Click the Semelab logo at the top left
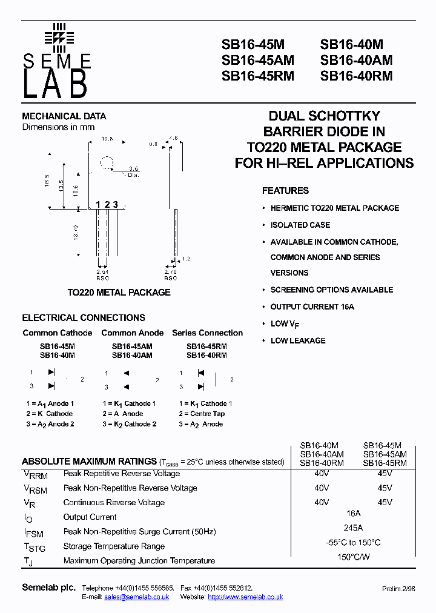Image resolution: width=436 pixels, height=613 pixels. pyautogui.click(x=57, y=61)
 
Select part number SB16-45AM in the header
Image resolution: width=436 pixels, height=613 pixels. pyautogui.click(x=258, y=60)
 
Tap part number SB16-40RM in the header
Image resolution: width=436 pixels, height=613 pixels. pyautogui.click(x=356, y=76)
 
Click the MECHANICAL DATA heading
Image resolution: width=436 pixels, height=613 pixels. pyautogui.click(x=64, y=116)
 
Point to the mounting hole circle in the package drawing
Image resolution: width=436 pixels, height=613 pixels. pyautogui.click(x=107, y=163)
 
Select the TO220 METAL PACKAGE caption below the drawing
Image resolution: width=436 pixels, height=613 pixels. pyautogui.click(x=119, y=292)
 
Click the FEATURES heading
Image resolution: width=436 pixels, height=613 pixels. pyautogui.click(x=285, y=191)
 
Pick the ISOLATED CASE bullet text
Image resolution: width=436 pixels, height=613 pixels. pyautogui.click(x=300, y=225)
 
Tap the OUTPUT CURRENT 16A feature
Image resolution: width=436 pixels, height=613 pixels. pyautogui.click(x=312, y=306)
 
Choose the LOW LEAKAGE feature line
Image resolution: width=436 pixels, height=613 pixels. pyautogui.click(x=298, y=340)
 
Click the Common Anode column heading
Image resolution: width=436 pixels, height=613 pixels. pyautogui.click(x=133, y=333)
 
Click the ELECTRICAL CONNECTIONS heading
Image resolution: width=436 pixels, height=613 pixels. pyautogui.click(x=84, y=317)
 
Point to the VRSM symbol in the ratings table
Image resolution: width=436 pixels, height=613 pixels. pyautogui.click(x=35, y=489)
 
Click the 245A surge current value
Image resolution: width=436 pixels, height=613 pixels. pyautogui.click(x=353, y=528)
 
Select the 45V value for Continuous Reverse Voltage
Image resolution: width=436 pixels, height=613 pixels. pyautogui.click(x=385, y=502)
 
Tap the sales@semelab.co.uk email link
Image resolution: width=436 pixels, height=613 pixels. pyautogui.click(x=137, y=597)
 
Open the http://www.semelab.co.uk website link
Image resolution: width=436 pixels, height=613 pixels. pyautogui.click(x=245, y=597)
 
